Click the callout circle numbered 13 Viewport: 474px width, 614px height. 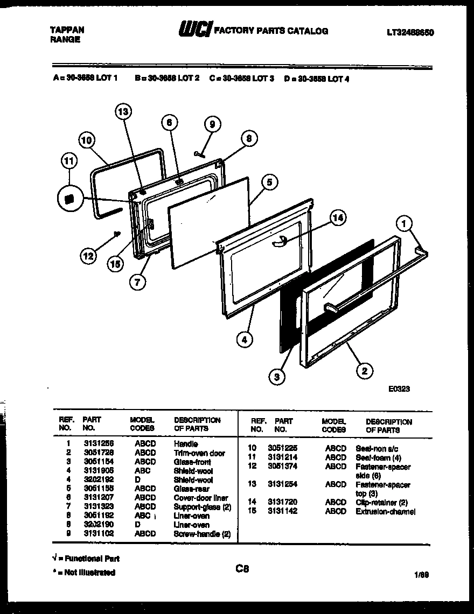(x=123, y=112)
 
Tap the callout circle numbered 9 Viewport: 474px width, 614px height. (x=212, y=124)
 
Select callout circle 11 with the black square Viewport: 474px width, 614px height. (x=69, y=199)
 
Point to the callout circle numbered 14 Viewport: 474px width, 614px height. (x=337, y=218)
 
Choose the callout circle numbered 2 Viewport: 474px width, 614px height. (x=365, y=370)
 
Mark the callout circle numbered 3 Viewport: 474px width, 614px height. (x=277, y=377)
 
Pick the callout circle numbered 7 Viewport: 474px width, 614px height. (x=138, y=284)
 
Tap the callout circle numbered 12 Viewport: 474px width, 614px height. (x=89, y=257)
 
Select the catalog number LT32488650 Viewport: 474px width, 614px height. (x=410, y=33)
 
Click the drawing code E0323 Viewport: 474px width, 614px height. (x=399, y=389)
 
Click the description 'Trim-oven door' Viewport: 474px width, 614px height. (x=199, y=453)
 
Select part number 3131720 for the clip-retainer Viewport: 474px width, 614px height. (x=282, y=502)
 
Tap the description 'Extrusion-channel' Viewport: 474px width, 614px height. (x=385, y=511)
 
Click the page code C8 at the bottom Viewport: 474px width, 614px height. (x=242, y=568)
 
